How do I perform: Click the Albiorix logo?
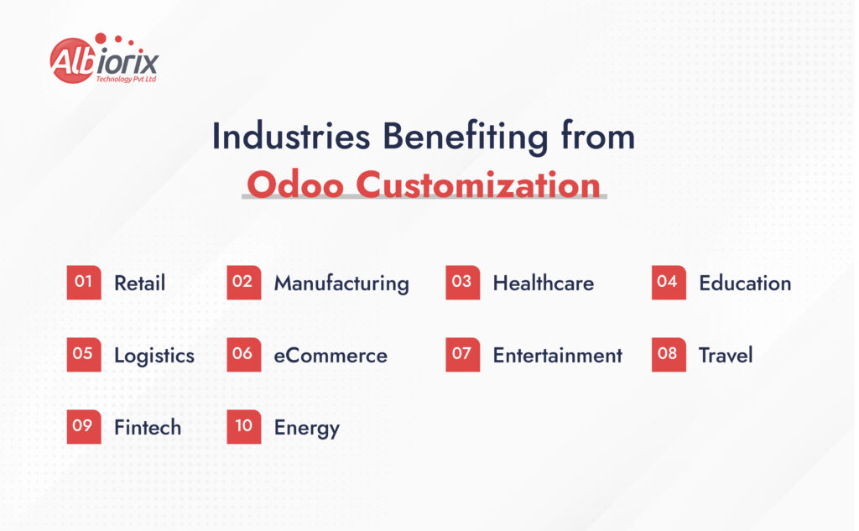click(104, 59)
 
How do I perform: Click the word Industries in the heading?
click(291, 137)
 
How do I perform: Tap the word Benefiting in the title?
click(465, 138)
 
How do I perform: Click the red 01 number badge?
click(84, 282)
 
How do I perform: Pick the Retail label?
click(140, 284)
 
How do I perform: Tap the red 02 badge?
click(244, 282)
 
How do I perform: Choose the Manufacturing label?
click(342, 284)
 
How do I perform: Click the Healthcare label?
click(544, 284)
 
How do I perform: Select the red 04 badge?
click(669, 282)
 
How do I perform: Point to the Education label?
click(745, 284)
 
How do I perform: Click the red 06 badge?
click(244, 355)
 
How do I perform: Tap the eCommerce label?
click(331, 356)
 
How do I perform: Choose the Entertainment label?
click(558, 356)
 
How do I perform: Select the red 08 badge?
click(669, 355)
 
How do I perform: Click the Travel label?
click(726, 356)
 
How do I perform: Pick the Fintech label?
click(148, 428)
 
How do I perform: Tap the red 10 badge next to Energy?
click(244, 426)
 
